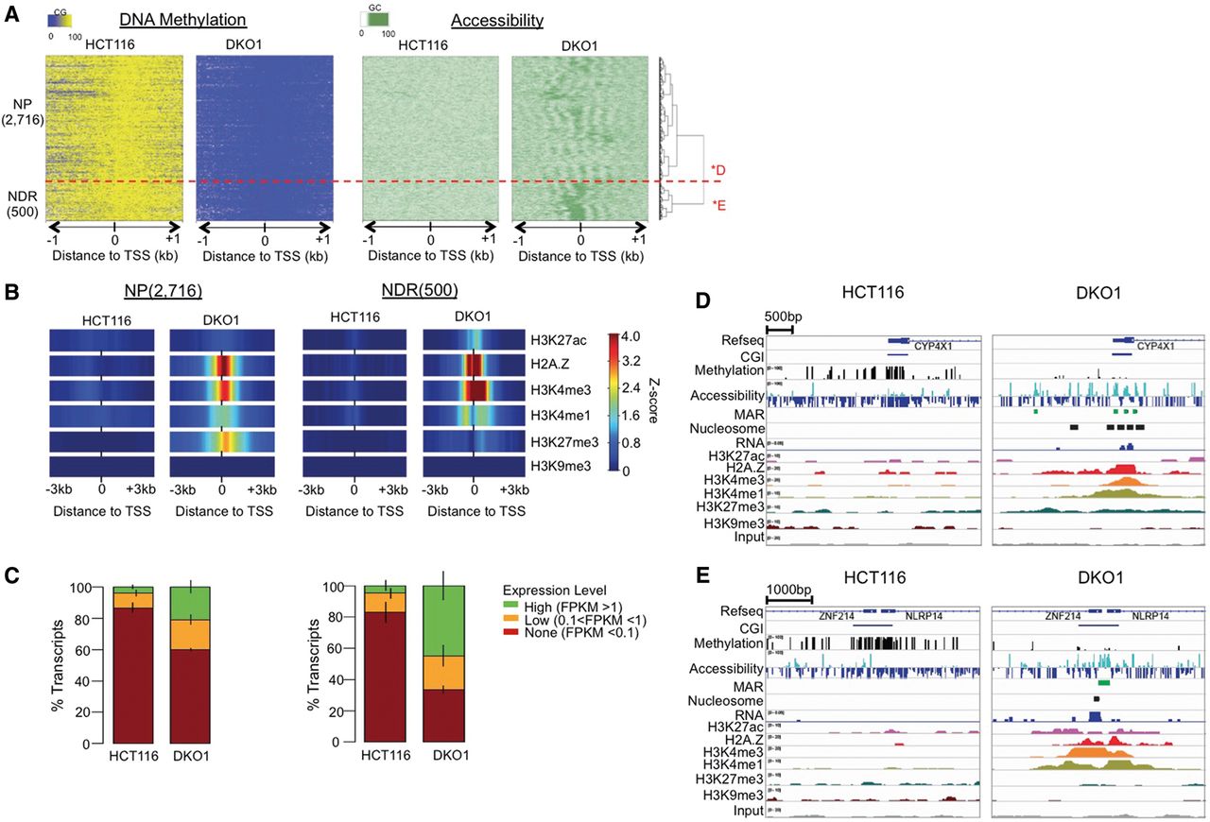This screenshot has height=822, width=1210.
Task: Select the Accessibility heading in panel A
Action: pos(497,20)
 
